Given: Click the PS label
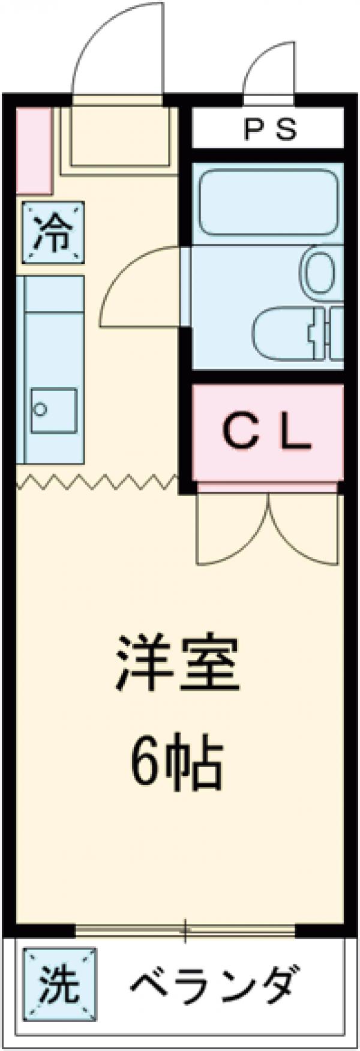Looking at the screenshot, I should click(269, 130).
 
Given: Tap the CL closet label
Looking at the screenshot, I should click(268, 432).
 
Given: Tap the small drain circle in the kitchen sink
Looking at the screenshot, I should click(41, 410).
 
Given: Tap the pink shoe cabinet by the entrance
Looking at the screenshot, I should click(33, 150).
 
